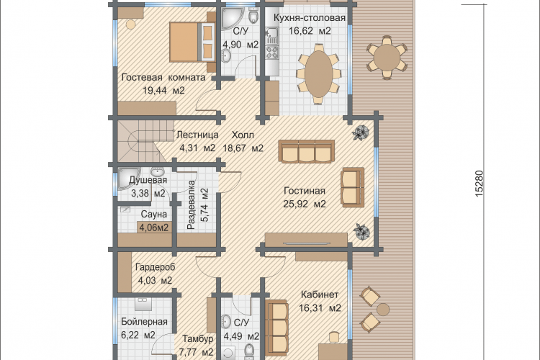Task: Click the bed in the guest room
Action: pyautogui.click(x=192, y=41)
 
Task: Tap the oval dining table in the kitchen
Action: pyautogui.click(x=319, y=73)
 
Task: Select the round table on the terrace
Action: pyautogui.click(x=387, y=58)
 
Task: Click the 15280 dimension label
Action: pyautogui.click(x=479, y=184)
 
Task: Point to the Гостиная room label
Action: pyautogui.click(x=305, y=191)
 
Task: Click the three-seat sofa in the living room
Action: pyautogui.click(x=307, y=151)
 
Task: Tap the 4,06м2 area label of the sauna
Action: pyautogui.click(x=153, y=228)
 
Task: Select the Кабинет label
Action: pyautogui.click(x=320, y=294)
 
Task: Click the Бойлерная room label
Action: pyautogui.click(x=144, y=321)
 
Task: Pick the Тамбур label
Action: pyautogui.click(x=198, y=338)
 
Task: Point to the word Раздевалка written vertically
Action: pyautogui.click(x=191, y=205)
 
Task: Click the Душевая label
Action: pyautogui.click(x=148, y=180)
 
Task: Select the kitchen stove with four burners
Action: pyautogui.click(x=271, y=52)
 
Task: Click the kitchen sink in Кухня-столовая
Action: pyautogui.click(x=271, y=35)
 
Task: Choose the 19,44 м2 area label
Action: pyautogui.click(x=164, y=91)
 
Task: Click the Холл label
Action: pyautogui.click(x=243, y=135)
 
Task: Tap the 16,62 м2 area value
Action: pyautogui.click(x=310, y=31)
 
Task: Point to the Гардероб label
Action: pyautogui.click(x=156, y=267)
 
